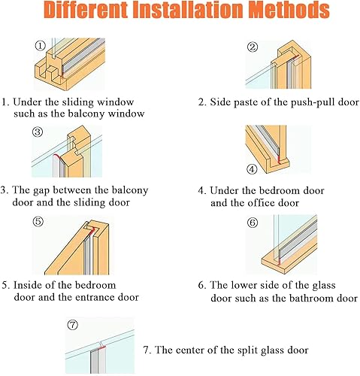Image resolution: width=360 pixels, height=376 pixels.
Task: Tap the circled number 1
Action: (x=40, y=45)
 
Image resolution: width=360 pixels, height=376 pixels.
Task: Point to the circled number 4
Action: (x=252, y=168)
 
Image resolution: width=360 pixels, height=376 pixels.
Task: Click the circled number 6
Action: (x=253, y=223)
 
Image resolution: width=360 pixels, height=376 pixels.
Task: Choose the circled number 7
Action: (x=73, y=325)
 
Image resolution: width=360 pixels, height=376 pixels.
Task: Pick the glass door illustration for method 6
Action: (x=282, y=244)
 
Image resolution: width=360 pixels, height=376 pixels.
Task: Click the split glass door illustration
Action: (x=98, y=347)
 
